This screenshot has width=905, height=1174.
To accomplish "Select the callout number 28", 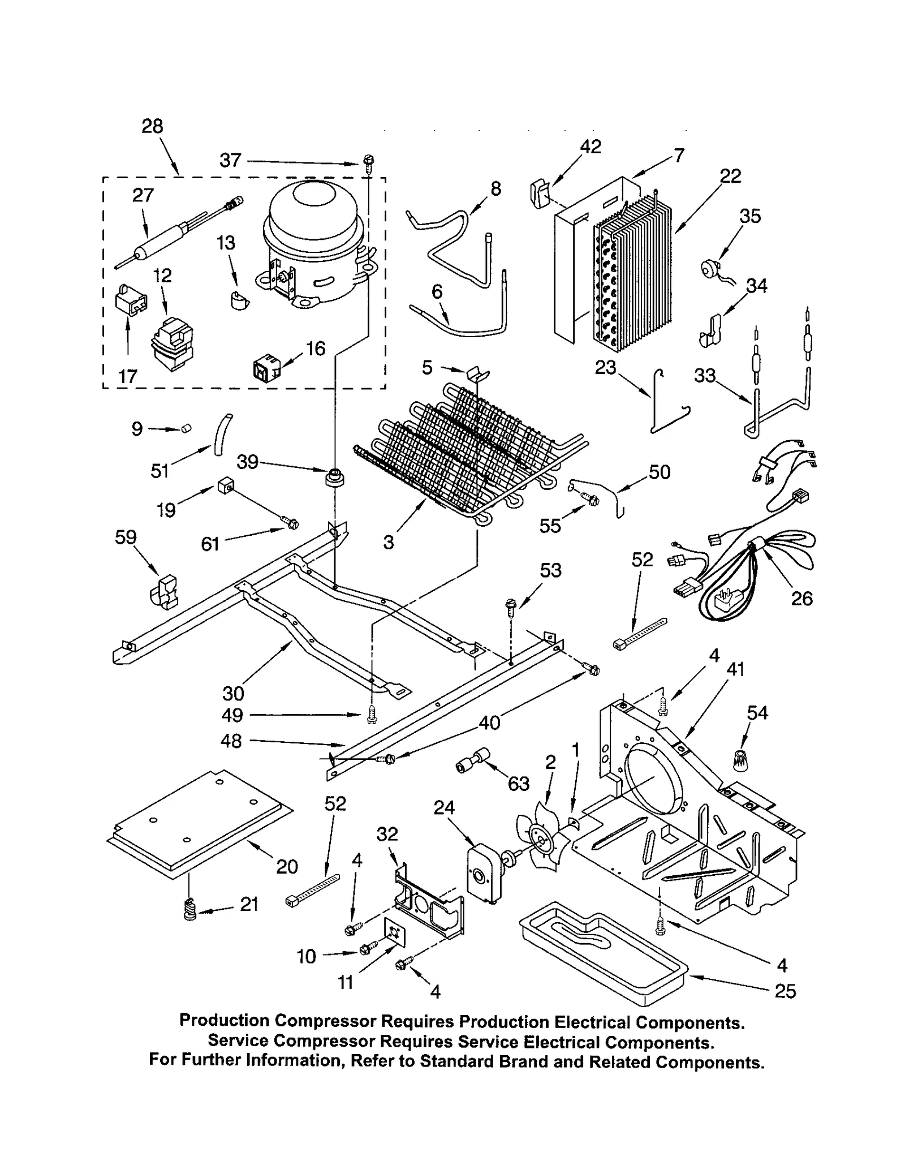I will pyautogui.click(x=152, y=126).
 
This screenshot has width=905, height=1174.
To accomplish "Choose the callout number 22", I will pyautogui.click(x=730, y=176).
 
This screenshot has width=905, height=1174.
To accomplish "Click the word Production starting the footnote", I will pyautogui.click(x=224, y=1020).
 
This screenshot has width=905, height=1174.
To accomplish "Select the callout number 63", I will pyautogui.click(x=518, y=784).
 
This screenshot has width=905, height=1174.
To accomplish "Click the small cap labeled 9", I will pyautogui.click(x=186, y=429).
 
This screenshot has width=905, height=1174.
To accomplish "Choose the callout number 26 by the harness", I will pyautogui.click(x=801, y=598).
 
